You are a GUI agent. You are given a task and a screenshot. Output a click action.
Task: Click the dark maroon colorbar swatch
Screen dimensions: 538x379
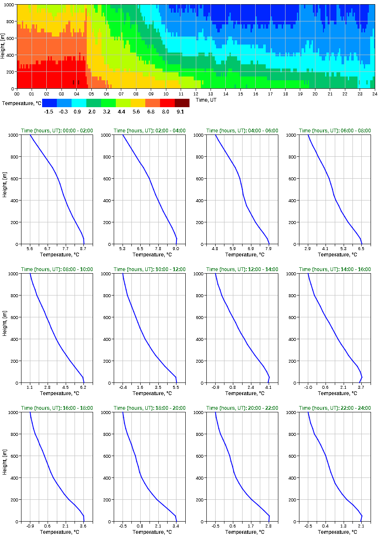(x=182, y=103)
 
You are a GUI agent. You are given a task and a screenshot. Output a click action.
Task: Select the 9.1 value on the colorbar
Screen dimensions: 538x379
(x=180, y=111)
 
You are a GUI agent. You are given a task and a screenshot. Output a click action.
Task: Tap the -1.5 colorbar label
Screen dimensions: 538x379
(x=49, y=111)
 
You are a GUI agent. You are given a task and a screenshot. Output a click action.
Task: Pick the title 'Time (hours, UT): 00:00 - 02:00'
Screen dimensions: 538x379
(x=57, y=131)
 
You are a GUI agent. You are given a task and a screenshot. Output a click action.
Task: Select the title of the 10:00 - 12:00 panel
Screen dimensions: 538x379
(x=149, y=269)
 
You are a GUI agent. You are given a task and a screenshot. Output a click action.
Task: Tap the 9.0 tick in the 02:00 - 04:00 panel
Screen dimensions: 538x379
(x=176, y=249)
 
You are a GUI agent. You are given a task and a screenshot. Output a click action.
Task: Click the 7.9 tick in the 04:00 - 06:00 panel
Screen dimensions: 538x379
(x=269, y=249)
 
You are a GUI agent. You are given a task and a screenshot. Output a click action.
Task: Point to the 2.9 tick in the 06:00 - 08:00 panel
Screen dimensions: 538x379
(x=308, y=249)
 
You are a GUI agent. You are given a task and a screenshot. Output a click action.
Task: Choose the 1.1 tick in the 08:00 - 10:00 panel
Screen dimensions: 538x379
(x=30, y=388)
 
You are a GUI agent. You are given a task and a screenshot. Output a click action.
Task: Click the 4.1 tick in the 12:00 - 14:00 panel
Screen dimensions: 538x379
(x=269, y=388)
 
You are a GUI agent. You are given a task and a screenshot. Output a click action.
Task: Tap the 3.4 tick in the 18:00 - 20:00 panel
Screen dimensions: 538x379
(x=176, y=526)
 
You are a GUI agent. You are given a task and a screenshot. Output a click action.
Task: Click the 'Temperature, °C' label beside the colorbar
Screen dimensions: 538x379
(x=21, y=103)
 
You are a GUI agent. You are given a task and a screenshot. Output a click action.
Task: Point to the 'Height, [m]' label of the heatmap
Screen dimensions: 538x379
(x=3, y=46)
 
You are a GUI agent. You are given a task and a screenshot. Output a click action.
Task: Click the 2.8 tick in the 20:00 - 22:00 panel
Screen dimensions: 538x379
(x=269, y=526)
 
